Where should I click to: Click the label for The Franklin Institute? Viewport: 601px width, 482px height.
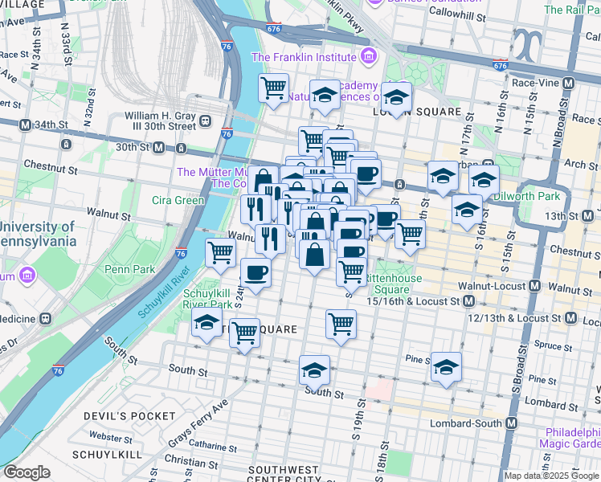coord(304,57)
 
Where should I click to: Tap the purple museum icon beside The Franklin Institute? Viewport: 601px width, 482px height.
coord(368,56)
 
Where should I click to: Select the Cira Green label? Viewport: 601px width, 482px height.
coord(178,200)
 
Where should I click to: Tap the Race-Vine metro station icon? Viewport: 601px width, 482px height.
coord(568,83)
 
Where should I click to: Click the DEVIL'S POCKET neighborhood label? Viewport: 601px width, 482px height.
coord(129,415)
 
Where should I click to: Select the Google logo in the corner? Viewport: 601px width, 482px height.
coord(27,472)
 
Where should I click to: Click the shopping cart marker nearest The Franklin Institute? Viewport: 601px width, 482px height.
coord(273,87)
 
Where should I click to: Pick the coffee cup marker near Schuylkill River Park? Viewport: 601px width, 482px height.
coord(256,274)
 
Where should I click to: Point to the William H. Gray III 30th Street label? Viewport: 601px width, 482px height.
coord(161,121)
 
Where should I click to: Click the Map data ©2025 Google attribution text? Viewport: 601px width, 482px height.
coord(551,476)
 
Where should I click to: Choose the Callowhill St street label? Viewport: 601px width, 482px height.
coord(456,15)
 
